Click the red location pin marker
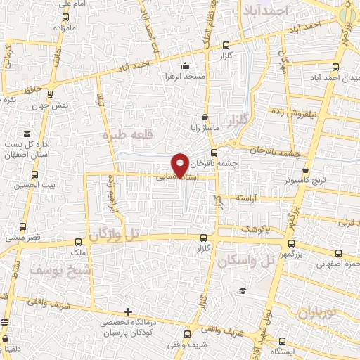pyautogui.click(x=181, y=165)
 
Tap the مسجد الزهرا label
pyautogui.click(x=185, y=75)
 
